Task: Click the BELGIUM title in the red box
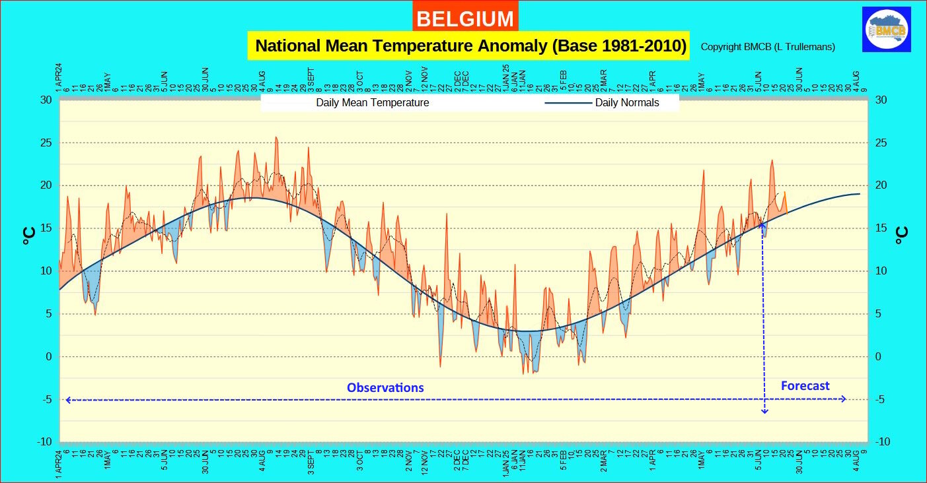tap(465, 18)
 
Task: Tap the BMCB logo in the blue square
tap(887, 29)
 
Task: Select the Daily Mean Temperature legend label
tap(372, 103)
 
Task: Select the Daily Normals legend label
tap(626, 103)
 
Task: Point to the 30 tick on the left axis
tap(46, 100)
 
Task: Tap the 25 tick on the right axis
tap(881, 143)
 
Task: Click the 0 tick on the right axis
tap(878, 357)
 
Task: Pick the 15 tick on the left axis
tap(46, 228)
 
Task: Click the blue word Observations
tap(385, 388)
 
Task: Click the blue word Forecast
tap(805, 386)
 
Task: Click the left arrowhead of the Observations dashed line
tap(67, 399)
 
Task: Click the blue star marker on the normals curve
tap(762, 225)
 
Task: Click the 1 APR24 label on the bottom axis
tap(59, 461)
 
